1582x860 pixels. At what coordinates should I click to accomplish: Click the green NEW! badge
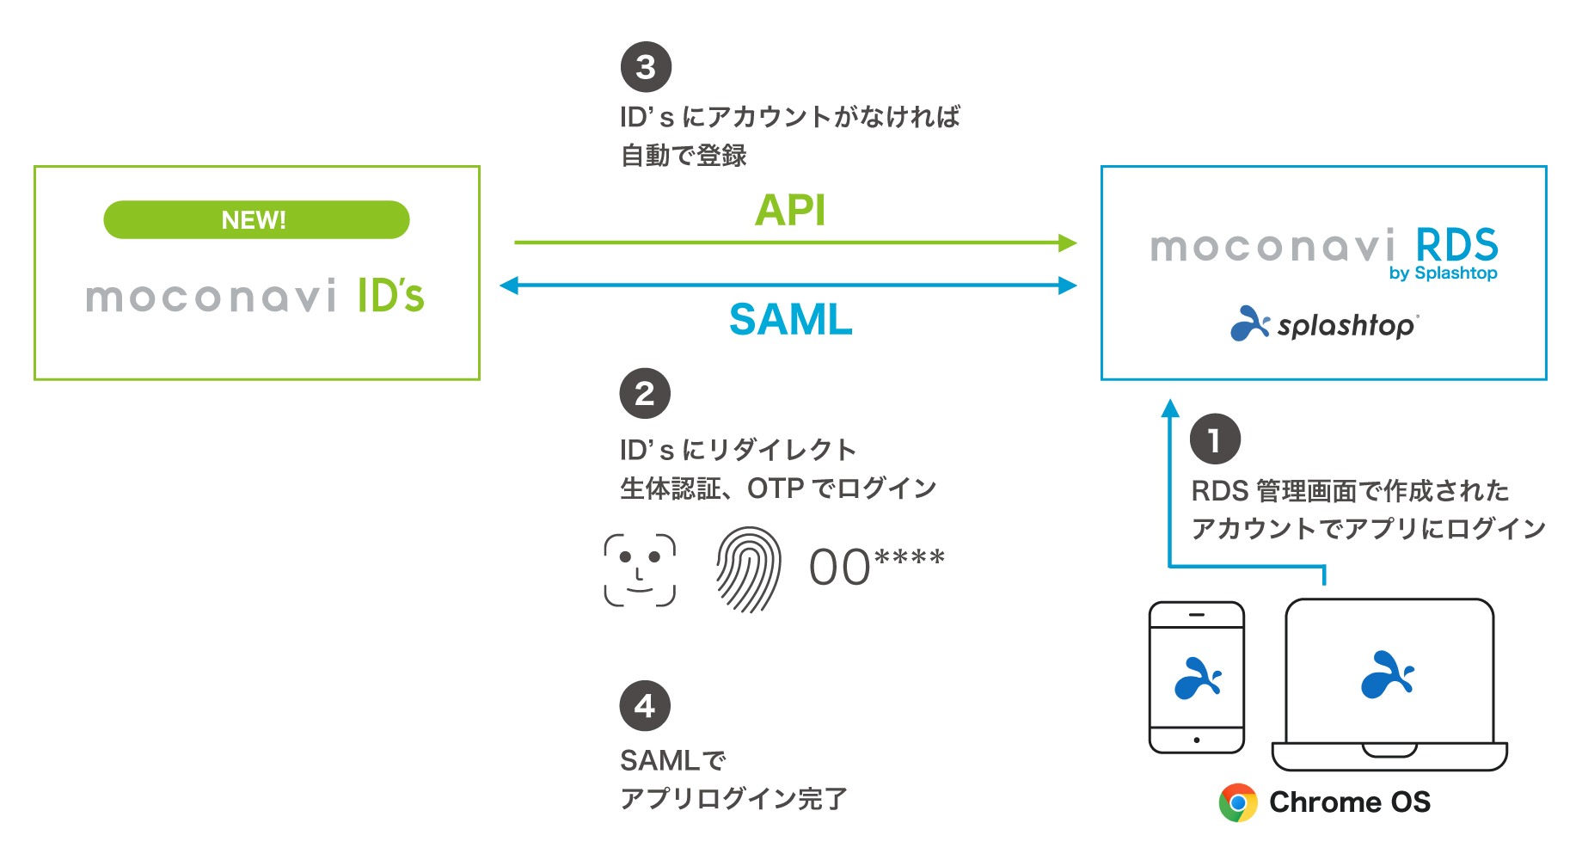(x=256, y=220)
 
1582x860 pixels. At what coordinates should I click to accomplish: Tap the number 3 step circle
(x=646, y=67)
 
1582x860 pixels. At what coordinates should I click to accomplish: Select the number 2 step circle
(x=645, y=394)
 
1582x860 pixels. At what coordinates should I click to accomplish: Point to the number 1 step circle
(x=1215, y=439)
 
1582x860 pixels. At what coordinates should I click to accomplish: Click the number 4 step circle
(x=645, y=706)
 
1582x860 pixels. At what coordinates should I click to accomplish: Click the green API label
(x=790, y=211)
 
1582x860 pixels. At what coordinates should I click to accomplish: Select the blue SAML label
(x=790, y=320)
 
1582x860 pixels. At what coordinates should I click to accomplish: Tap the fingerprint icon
(x=749, y=569)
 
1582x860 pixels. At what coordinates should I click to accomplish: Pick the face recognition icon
(x=640, y=570)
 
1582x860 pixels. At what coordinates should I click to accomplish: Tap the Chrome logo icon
(x=1238, y=802)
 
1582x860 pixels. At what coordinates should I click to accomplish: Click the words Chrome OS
(x=1350, y=802)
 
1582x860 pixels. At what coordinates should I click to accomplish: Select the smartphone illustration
(x=1197, y=678)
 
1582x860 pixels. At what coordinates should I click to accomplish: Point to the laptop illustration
(x=1389, y=685)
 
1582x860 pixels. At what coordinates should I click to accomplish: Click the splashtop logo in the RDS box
(x=1325, y=324)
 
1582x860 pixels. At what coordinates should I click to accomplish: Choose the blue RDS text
(x=1456, y=246)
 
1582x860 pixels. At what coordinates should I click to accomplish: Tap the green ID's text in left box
(x=391, y=296)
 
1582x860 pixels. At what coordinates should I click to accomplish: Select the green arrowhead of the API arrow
(x=1068, y=243)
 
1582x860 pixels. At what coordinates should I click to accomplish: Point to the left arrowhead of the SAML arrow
(x=509, y=286)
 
